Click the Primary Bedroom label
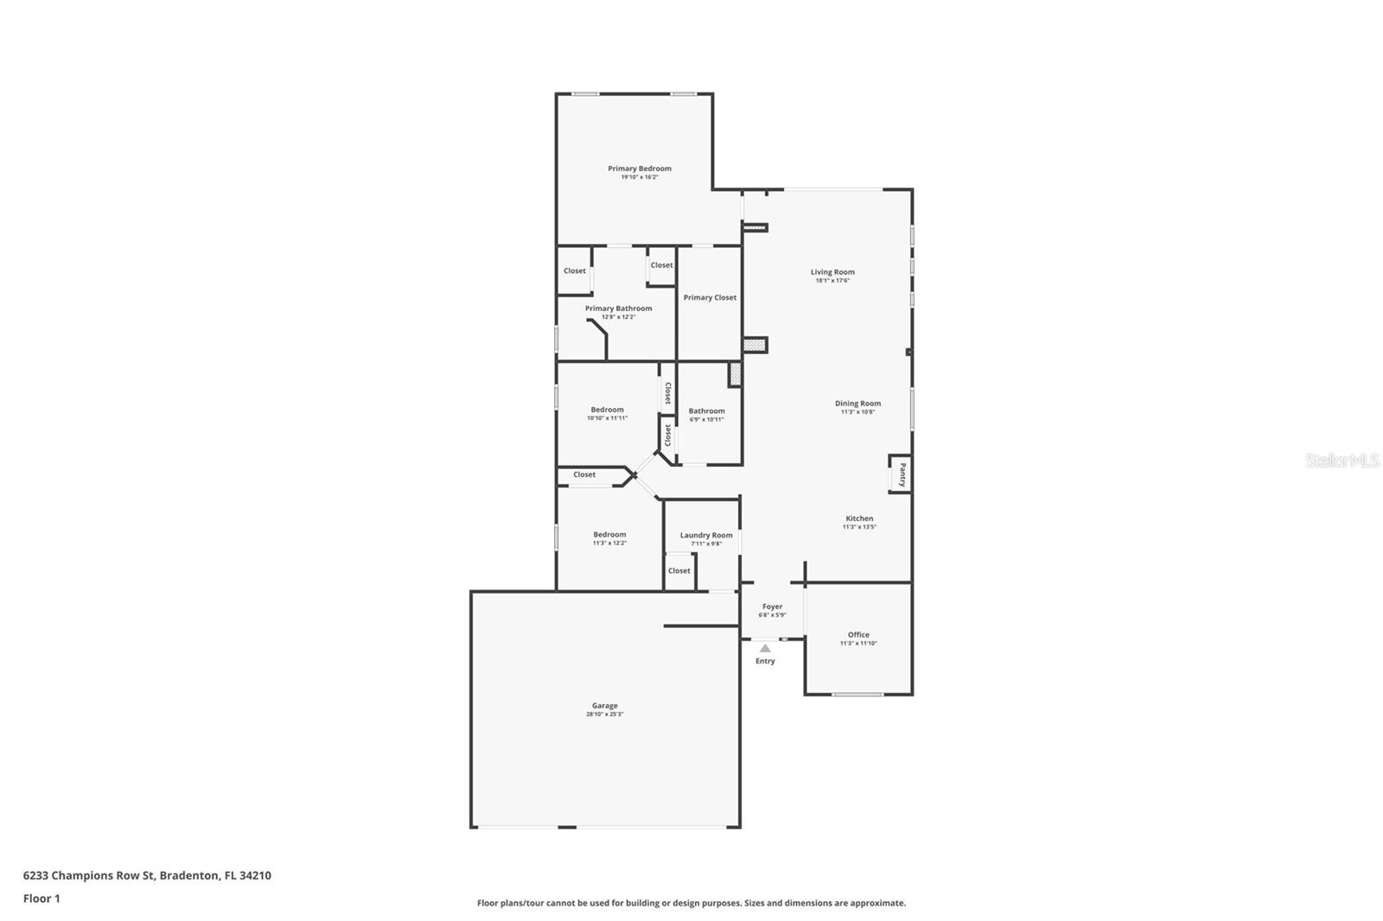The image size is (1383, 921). point(639,168)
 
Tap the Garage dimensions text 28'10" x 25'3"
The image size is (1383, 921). point(604,715)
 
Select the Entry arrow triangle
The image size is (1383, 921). point(765,648)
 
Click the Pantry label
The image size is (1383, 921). point(902,474)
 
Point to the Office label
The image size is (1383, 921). point(858,634)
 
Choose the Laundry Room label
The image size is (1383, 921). point(706,535)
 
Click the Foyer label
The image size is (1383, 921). point(772,607)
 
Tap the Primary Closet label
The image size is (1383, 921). point(710,297)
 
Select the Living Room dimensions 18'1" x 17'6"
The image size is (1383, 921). point(832,281)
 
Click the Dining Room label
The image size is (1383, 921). point(857,403)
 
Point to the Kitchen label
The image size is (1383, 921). point(859,518)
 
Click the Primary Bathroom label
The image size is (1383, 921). point(618,308)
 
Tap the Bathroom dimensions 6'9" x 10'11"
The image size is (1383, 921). point(706,420)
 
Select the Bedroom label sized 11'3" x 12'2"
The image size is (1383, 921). point(609,534)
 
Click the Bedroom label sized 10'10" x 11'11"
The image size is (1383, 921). point(607,410)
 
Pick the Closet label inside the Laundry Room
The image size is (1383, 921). point(679,570)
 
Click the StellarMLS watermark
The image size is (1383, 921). point(1342,461)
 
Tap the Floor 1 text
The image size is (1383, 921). point(41,899)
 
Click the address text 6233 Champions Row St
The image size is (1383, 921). point(89,875)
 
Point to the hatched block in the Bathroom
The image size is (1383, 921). point(736,374)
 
